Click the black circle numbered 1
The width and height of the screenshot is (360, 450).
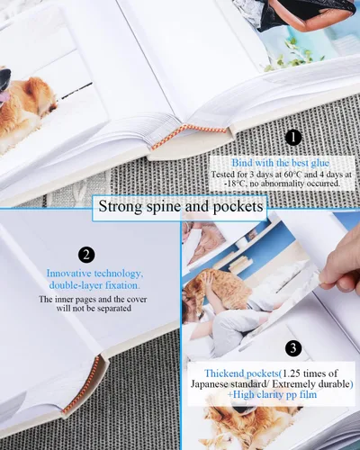pos(293,138)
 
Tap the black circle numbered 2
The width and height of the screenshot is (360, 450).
pos(86,255)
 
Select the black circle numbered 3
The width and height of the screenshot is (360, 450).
pos(293,348)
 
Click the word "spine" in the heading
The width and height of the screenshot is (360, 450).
pos(164,207)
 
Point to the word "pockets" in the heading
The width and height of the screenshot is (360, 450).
pos(238,207)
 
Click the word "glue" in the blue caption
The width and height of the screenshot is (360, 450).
pos(319,164)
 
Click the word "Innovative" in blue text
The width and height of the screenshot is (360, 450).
pos(68,274)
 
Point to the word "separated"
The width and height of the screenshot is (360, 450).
pos(114,308)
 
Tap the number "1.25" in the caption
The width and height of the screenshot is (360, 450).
pos(292,373)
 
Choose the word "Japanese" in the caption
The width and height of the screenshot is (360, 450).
pos(210,384)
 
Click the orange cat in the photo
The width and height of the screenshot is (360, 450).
pos(219,287)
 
